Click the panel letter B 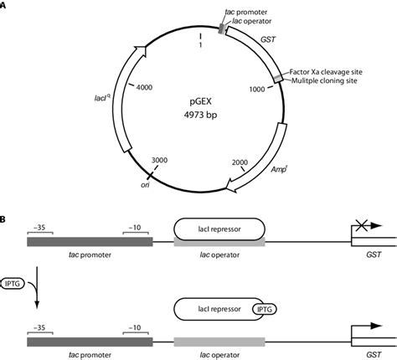coord(4,219)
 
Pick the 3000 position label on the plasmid coord(159,159)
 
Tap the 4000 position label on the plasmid coord(144,87)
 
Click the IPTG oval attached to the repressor coord(264,310)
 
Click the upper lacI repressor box coord(219,227)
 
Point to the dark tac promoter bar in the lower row coord(90,342)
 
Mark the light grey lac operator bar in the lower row coord(219,342)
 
